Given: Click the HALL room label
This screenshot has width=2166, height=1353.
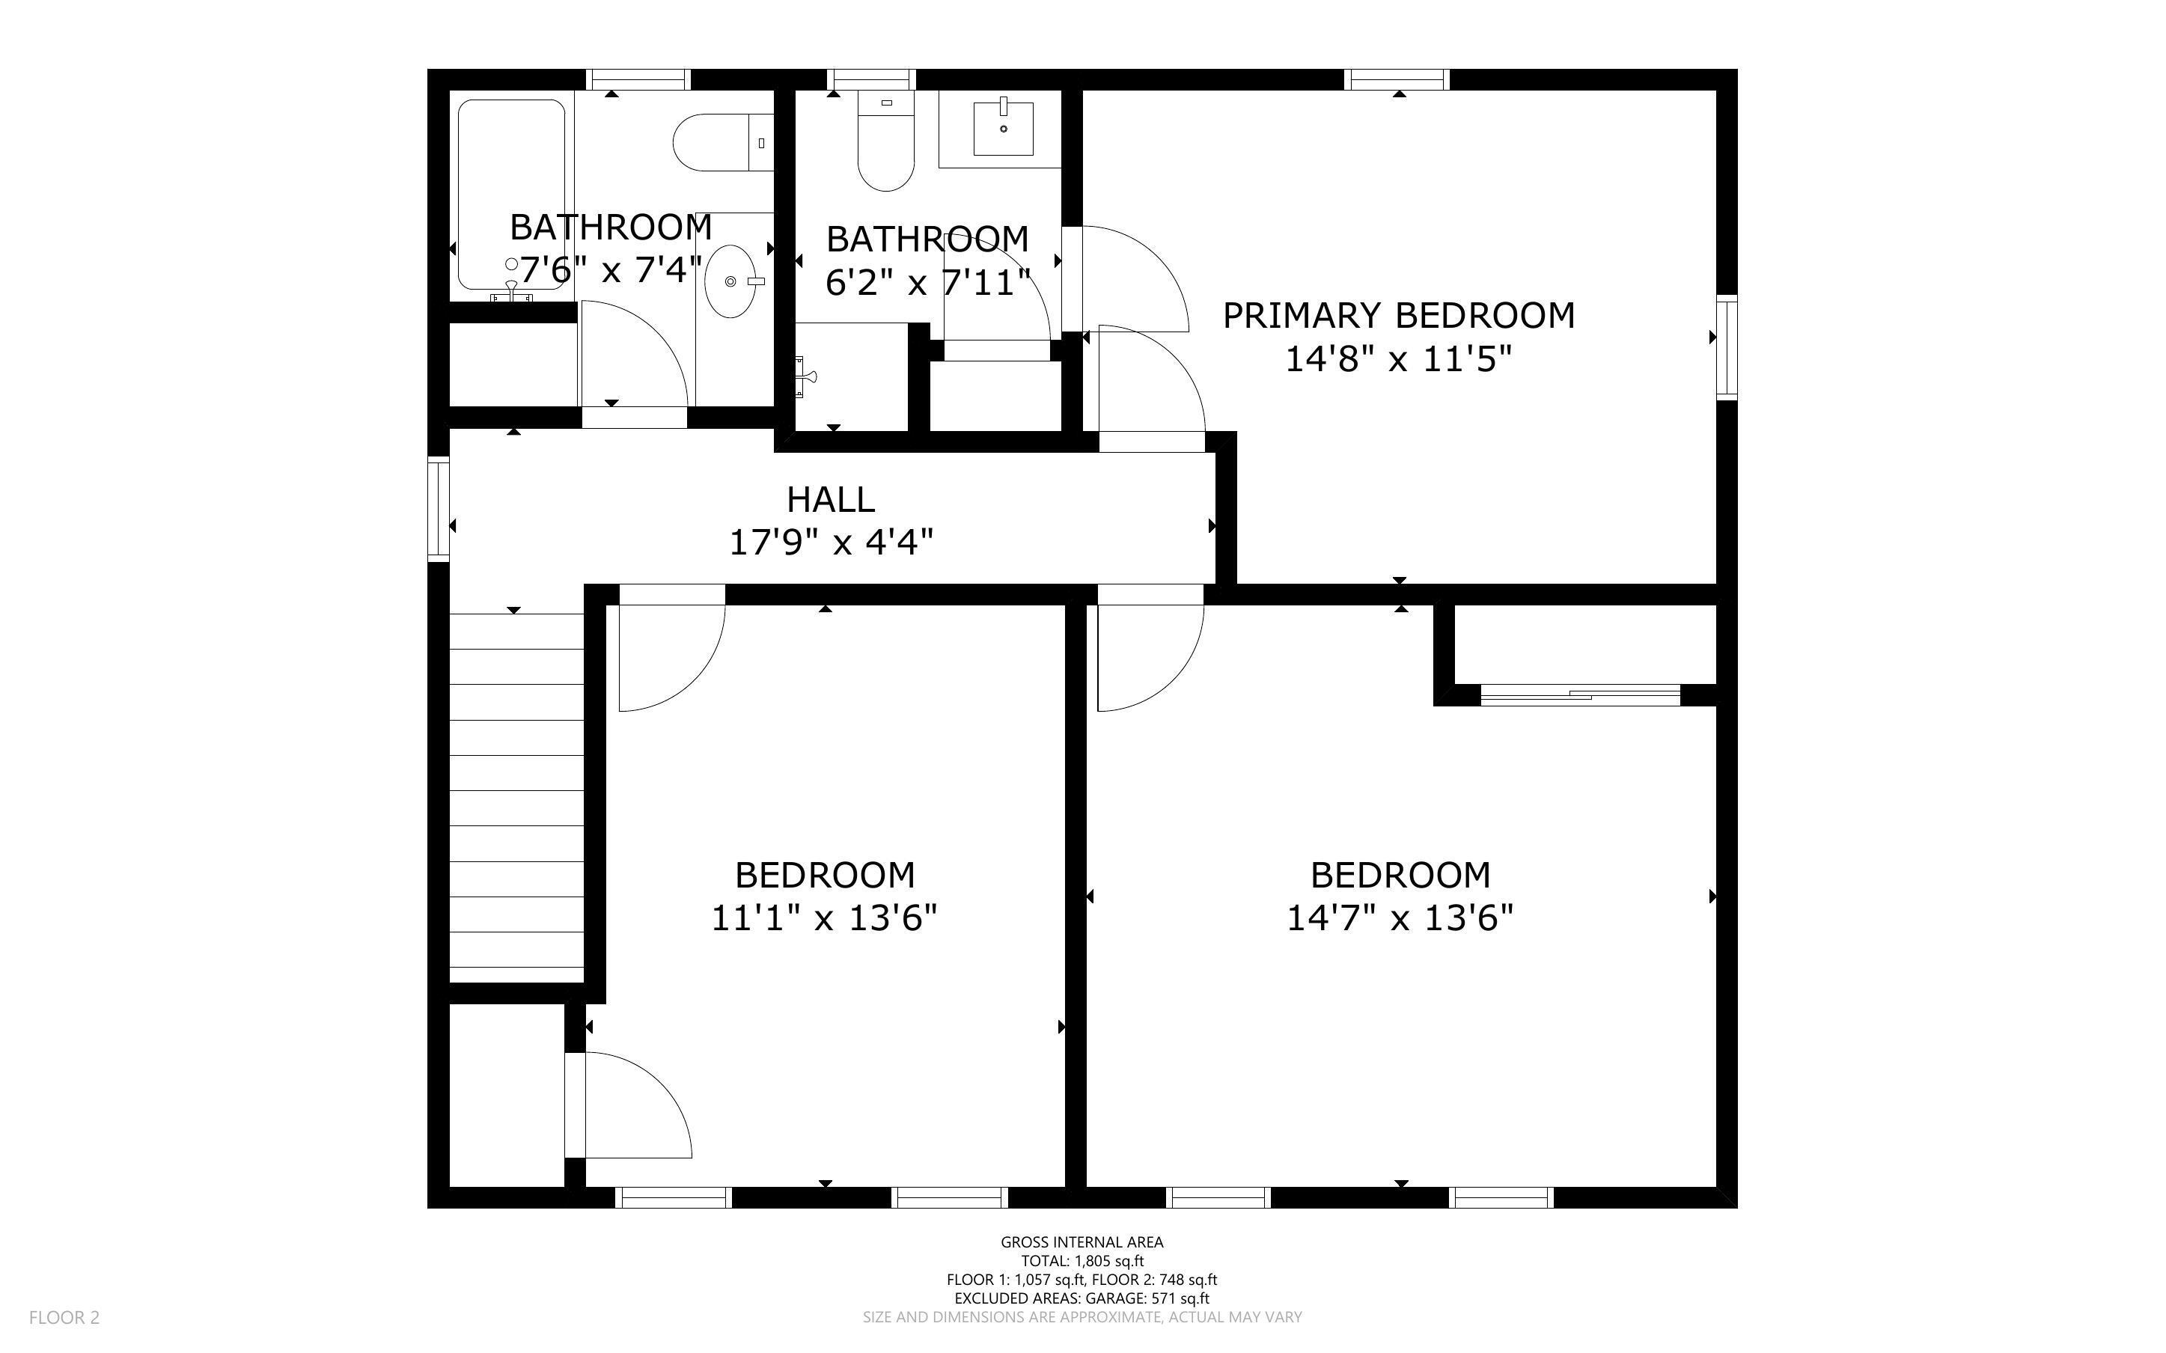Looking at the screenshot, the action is coord(830,499).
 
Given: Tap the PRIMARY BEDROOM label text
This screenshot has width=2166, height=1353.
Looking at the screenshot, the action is coord(1398,316).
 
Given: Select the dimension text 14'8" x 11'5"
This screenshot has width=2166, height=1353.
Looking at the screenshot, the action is coord(1398,360).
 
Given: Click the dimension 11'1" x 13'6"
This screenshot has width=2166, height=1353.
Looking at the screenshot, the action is coord(824,918).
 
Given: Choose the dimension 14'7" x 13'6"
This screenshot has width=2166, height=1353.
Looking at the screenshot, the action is coord(1400,918).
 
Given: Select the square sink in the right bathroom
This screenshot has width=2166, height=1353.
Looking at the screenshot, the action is coord(1003,129).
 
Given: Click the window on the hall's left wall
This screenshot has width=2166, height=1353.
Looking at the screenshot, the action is coord(439,508).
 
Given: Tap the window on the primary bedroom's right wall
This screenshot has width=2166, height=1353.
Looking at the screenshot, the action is coord(1727,347).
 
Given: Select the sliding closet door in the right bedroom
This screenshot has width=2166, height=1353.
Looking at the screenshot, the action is coord(1581,694).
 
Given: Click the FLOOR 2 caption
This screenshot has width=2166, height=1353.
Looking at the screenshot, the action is coord(64,1317).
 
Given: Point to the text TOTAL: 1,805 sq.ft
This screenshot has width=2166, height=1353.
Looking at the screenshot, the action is coord(1082,1261).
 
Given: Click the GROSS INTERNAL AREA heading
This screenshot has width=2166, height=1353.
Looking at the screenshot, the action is coord(1082,1242).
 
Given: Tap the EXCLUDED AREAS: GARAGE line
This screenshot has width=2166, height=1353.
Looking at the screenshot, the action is coord(1082,1298).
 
